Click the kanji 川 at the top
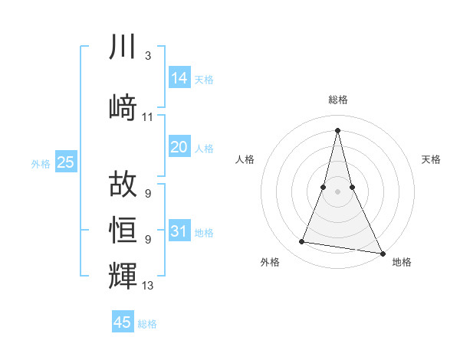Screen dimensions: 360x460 123,47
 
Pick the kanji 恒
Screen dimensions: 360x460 123,229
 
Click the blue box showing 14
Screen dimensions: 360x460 179,78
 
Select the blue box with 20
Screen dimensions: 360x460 179,147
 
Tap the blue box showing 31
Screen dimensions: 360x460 179,231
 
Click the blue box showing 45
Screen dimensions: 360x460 123,322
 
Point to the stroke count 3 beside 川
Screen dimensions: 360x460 147,56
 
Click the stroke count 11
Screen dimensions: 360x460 147,117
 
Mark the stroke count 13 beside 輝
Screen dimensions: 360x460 148,286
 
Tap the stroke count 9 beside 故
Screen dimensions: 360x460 147,193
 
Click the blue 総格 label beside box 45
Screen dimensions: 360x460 147,324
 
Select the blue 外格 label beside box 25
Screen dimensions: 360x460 41,163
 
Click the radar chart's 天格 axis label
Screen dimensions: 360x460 431,159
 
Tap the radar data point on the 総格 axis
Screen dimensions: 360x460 337,129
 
